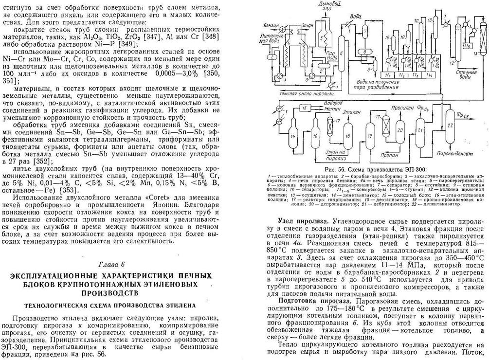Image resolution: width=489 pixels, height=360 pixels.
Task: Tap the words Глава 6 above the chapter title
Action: tap(111, 264)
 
